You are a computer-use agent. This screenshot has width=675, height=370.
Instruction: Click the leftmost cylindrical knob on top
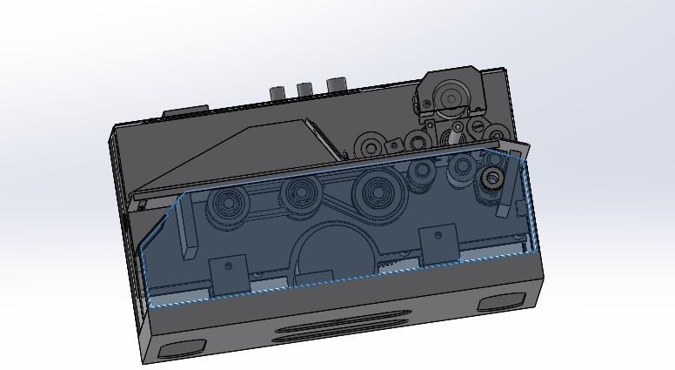tap(278, 92)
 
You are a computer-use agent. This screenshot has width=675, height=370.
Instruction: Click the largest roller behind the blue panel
tap(377, 187)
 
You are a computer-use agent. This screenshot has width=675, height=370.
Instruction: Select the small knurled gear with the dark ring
tap(491, 179)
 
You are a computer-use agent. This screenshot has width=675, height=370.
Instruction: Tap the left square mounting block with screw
tap(230, 275)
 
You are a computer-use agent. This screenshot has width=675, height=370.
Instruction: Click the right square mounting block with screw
tap(438, 241)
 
